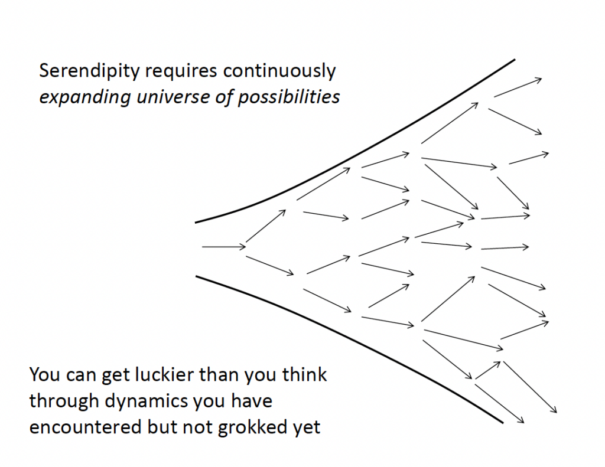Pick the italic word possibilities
pyautogui.click(x=289, y=96)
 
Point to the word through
pyautogui.click(x=64, y=401)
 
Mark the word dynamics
pyautogui.click(x=147, y=401)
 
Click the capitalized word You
pyautogui.click(x=44, y=375)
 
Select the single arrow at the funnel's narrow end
pyautogui.click(x=223, y=246)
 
